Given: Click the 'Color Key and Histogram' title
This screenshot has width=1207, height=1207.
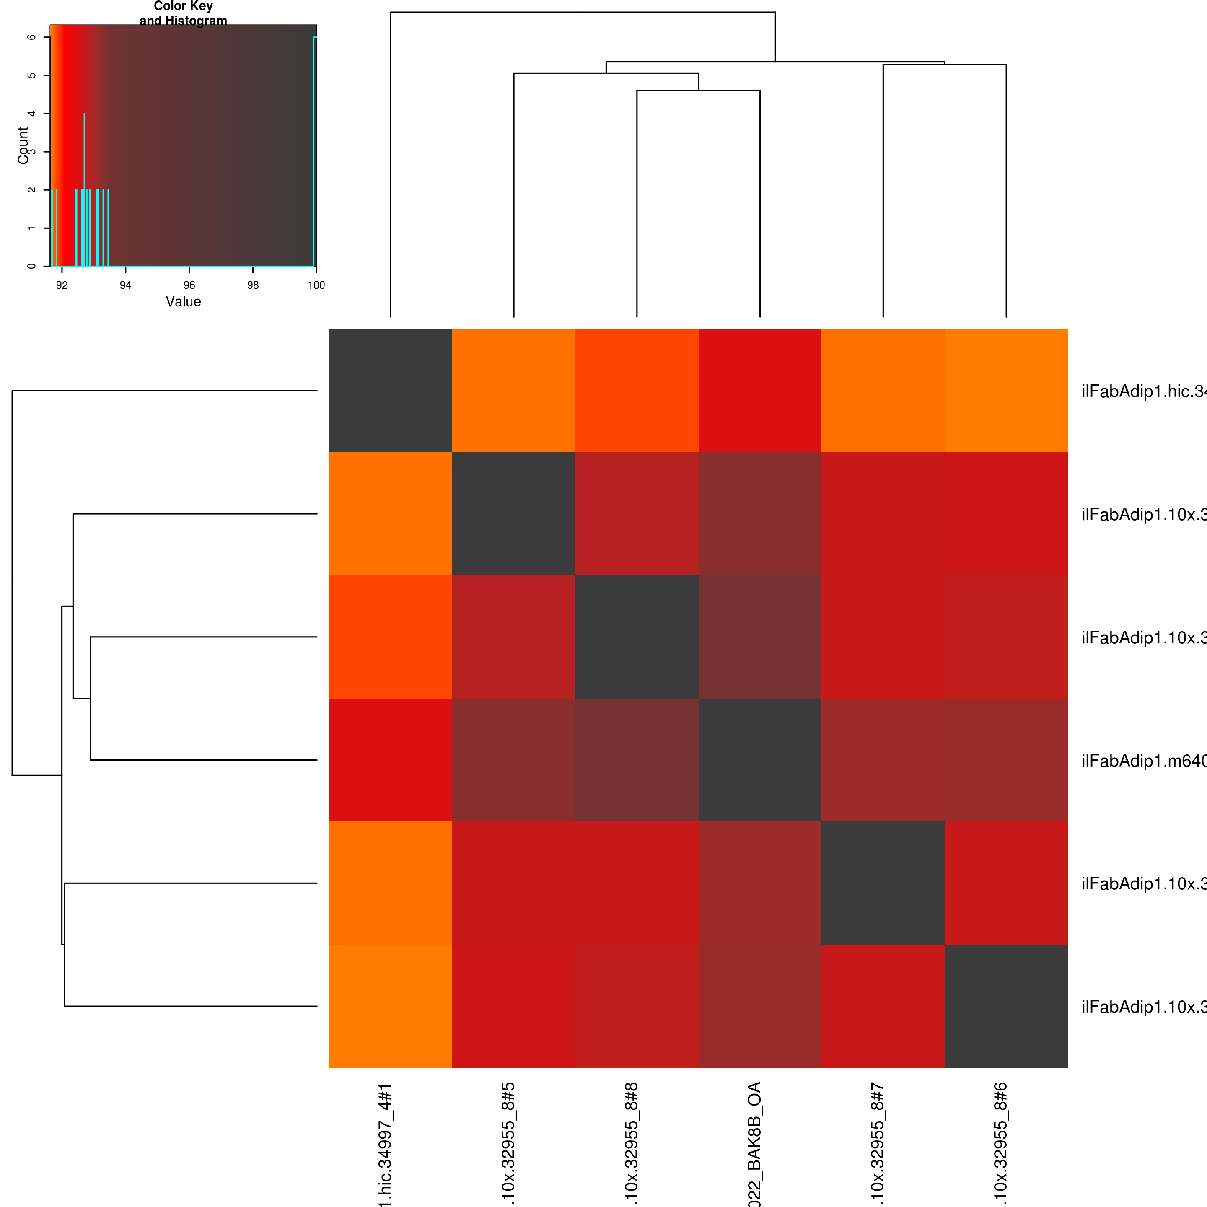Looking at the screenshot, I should pos(183,13).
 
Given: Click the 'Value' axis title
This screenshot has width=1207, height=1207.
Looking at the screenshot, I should pos(183,302).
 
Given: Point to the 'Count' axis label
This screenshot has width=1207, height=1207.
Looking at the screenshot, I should pos(23,145).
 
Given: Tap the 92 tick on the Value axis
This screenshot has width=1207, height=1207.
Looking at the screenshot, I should pos(62,285).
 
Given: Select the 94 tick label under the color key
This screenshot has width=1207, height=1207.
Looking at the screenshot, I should pos(126,285).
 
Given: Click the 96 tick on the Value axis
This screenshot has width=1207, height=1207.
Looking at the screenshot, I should pos(189,285).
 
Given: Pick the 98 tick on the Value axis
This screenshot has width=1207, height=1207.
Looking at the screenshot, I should pos(252,285).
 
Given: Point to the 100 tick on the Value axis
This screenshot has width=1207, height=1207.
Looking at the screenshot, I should pos(316,285).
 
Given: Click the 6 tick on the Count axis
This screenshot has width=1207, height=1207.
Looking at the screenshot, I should pos(32,37).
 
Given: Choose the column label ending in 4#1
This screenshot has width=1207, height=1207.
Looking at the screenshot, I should pos(385,1143).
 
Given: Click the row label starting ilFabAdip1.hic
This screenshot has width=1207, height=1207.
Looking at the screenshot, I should pos(1143,391).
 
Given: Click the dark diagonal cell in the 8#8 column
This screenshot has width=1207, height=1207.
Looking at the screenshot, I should pos(637,637).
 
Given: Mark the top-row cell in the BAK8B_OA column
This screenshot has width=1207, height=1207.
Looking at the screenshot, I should pos(760,391).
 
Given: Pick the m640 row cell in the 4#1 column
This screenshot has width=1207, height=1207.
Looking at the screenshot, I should pos(391,760).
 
